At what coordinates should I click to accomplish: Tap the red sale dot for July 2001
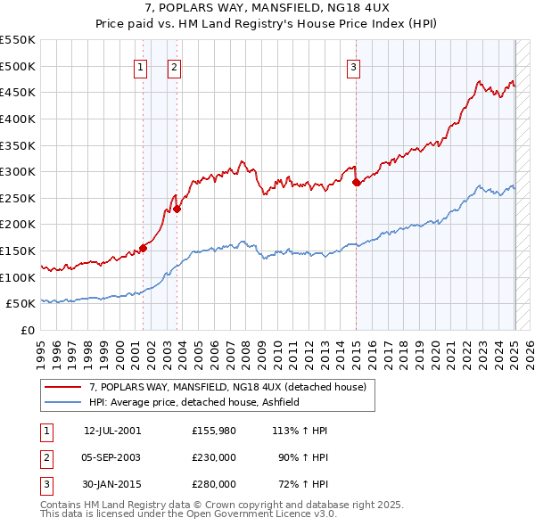pos(143,248)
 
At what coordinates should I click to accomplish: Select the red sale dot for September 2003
pos(177,209)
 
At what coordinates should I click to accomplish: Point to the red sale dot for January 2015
pos(356,182)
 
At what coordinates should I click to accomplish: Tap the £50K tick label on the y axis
pos(21,304)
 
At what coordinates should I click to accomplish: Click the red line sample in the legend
pos(62,387)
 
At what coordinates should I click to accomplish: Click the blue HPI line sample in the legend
pos(62,402)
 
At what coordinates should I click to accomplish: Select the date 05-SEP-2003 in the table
pos(112,457)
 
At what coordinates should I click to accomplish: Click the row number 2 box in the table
pos(46,457)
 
